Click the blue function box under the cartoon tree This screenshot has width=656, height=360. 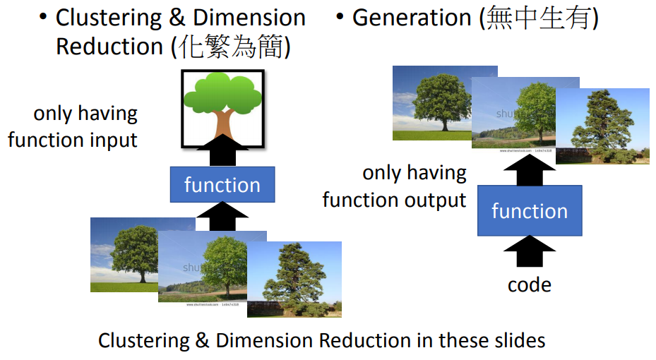(222, 185)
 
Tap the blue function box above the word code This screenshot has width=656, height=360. (530, 211)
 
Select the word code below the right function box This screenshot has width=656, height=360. (530, 284)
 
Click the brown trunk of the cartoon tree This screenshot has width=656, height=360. (222, 123)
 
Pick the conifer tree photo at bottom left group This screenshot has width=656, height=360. (294, 279)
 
